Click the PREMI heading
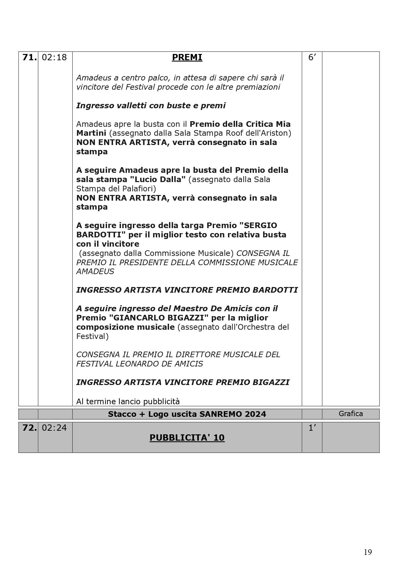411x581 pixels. pos(187,58)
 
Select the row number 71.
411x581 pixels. pos(29,58)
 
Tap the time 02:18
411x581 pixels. pos(54,58)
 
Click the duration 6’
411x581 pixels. pos(312,58)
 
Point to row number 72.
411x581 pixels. pos(29,428)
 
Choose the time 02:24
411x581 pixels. pos(54,428)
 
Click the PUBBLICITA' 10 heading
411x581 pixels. pos(187,438)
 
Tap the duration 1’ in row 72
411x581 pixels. pos(312,428)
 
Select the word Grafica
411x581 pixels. pos(351,413)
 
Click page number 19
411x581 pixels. pos(368,552)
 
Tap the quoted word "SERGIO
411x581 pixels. pos(259,225)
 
